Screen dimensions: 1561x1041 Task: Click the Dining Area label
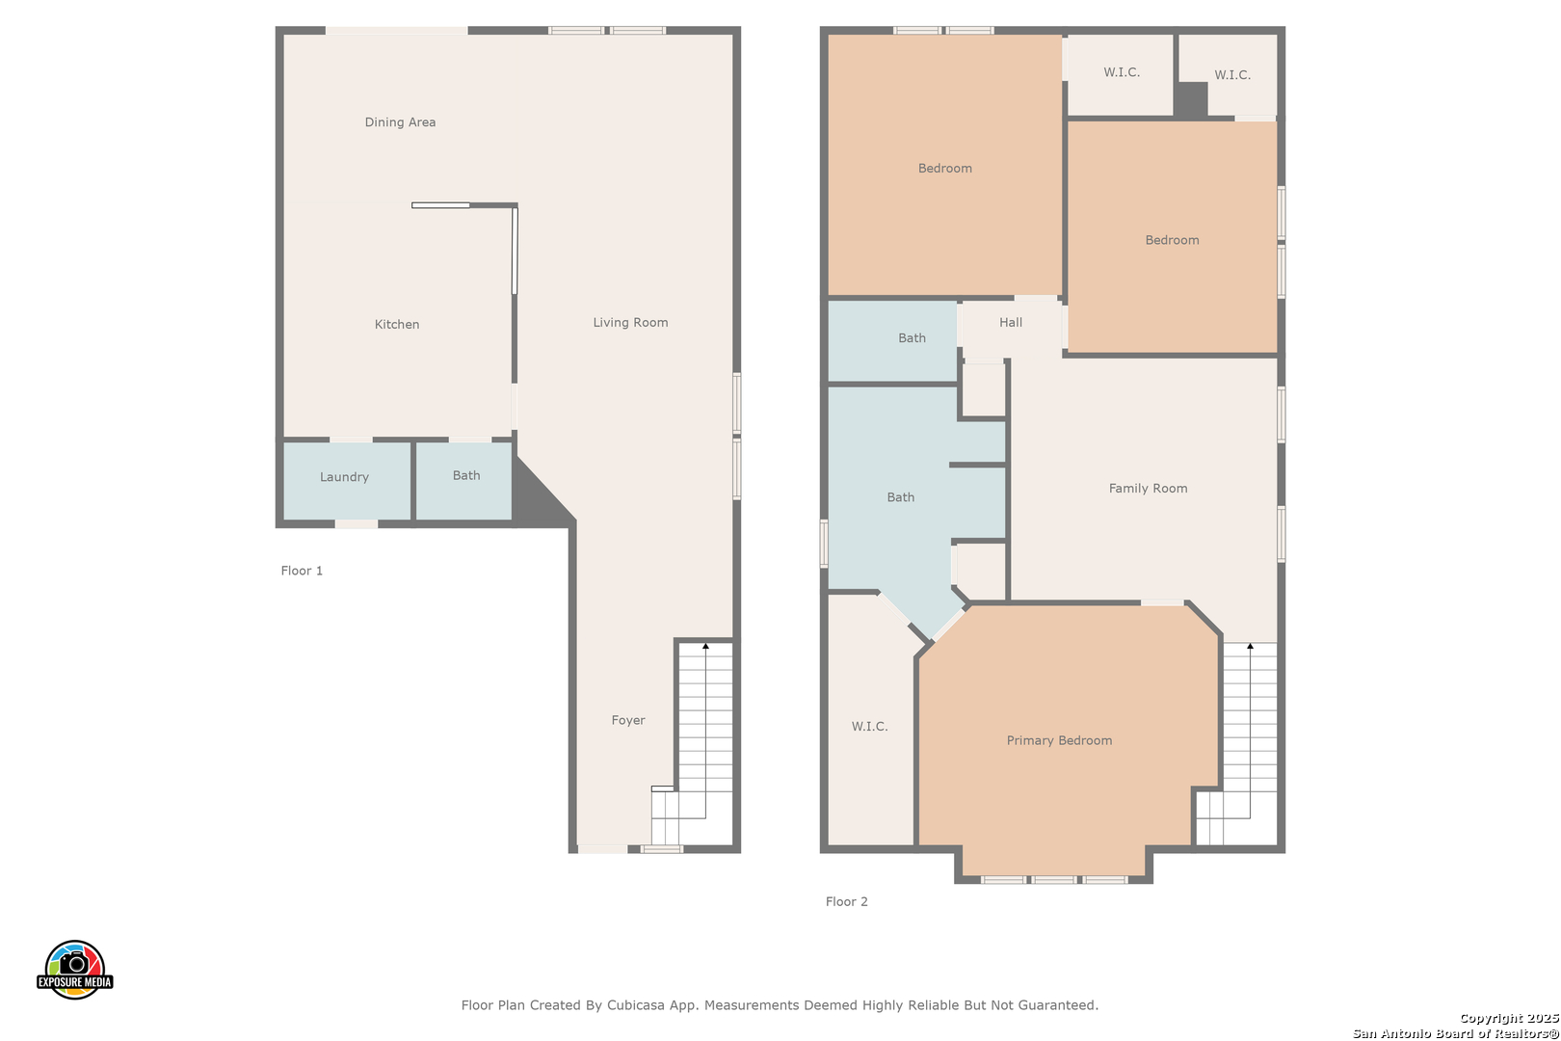click(400, 122)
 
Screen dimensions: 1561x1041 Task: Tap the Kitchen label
click(397, 324)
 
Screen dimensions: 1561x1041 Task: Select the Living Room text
click(630, 322)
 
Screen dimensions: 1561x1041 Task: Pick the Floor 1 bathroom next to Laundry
click(464, 481)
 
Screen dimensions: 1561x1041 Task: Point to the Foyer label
click(628, 720)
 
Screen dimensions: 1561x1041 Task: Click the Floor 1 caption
click(302, 571)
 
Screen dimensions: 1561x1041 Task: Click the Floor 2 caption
click(847, 901)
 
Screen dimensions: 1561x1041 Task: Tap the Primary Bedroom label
click(1059, 740)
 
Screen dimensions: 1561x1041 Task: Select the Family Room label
click(1148, 488)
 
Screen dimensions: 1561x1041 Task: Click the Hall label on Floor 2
click(1011, 322)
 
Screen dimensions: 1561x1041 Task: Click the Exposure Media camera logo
click(74, 969)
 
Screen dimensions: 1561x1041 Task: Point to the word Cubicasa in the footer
click(636, 1004)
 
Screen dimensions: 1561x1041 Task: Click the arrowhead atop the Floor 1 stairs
click(705, 647)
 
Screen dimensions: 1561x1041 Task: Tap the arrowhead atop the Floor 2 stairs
click(1250, 647)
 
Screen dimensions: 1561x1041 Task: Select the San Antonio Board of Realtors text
click(1455, 1033)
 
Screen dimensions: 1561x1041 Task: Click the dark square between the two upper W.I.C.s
click(1192, 99)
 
